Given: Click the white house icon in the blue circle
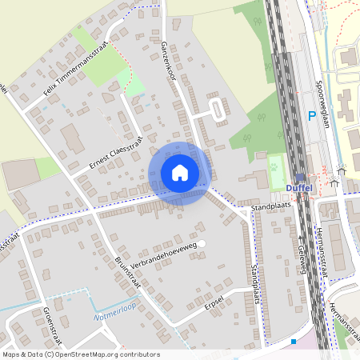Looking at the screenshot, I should [180, 173].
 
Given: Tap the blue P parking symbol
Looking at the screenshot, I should [312, 117].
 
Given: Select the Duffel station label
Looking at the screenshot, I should [298, 190].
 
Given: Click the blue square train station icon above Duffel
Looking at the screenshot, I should [299, 178].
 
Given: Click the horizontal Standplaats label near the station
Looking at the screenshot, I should [270, 206].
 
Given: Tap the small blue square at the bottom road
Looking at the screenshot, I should [294, 342].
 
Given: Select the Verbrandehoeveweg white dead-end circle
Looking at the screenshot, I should [202, 243].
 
